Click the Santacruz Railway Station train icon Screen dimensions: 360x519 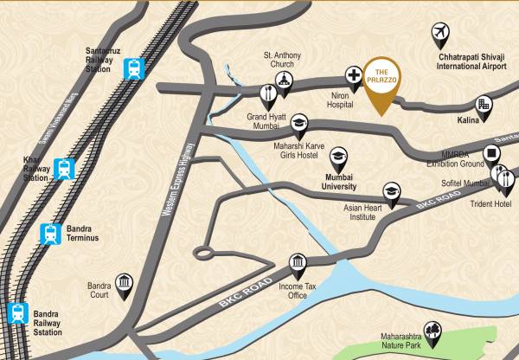[x=134, y=68]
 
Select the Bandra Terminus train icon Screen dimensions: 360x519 [x=51, y=234]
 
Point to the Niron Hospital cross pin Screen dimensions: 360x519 [x=353, y=76]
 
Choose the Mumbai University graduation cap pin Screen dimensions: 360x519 [x=338, y=157]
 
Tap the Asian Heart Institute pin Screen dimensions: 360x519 [x=391, y=191]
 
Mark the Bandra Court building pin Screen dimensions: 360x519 [x=124, y=285]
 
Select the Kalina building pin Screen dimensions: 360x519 [x=483, y=105]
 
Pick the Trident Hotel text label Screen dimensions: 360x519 [x=490, y=203]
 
